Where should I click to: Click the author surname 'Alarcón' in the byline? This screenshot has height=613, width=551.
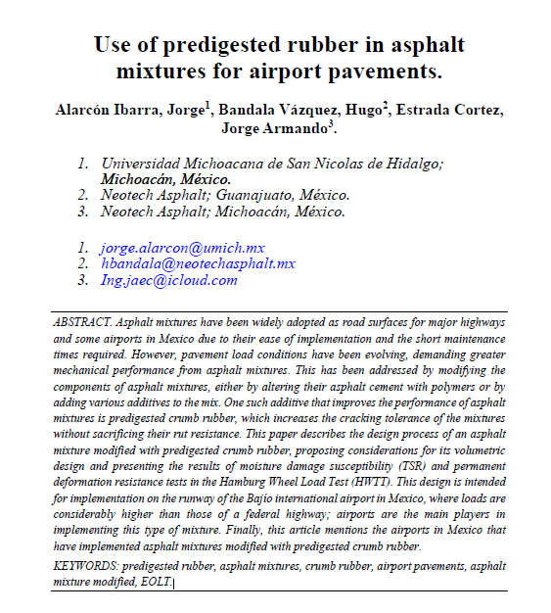(87, 112)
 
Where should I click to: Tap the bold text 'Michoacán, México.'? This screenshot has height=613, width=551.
(166, 179)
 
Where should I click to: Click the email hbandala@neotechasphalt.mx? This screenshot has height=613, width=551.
(198, 264)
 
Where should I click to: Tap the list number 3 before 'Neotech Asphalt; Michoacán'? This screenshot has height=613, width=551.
(81, 211)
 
